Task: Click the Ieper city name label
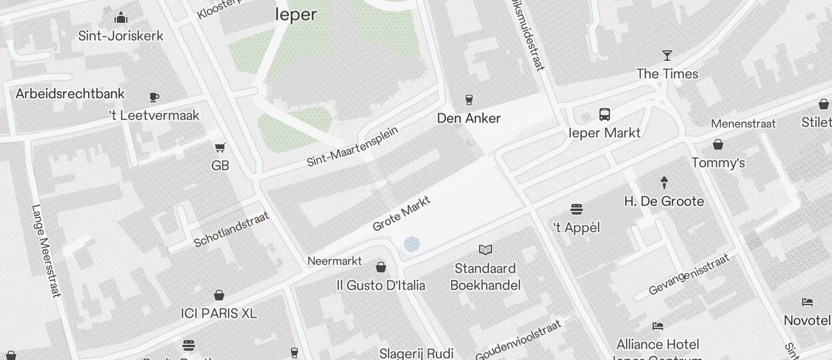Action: click(x=296, y=15)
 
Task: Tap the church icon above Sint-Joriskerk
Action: click(x=121, y=18)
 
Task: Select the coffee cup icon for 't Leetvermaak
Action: click(x=154, y=97)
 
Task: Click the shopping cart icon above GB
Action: click(x=220, y=147)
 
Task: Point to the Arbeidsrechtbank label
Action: click(x=70, y=94)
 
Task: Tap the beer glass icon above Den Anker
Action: click(x=469, y=100)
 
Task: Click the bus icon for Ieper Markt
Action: click(x=605, y=115)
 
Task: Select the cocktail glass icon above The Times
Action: click(x=667, y=56)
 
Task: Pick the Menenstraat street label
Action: click(x=743, y=123)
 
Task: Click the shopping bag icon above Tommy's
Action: click(x=718, y=144)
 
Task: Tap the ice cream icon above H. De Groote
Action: click(x=664, y=183)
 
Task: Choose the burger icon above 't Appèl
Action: click(x=577, y=209)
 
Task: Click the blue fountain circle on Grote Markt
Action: click(x=412, y=244)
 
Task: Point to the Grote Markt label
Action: click(x=402, y=213)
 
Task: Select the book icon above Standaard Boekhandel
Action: click(x=486, y=250)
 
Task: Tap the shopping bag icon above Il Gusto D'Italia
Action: click(x=381, y=267)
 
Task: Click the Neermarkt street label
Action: click(x=335, y=261)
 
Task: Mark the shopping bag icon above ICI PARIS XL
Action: click(x=219, y=295)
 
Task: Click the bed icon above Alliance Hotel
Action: click(x=658, y=326)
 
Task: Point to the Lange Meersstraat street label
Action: click(x=47, y=251)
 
